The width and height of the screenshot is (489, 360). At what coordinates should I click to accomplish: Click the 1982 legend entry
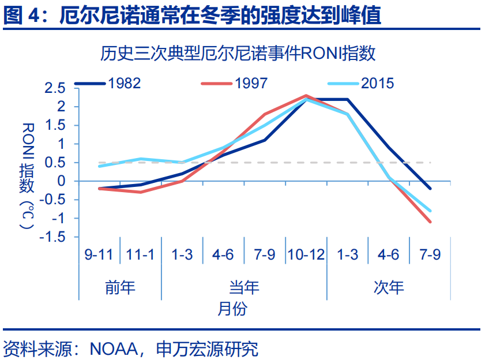click(x=108, y=83)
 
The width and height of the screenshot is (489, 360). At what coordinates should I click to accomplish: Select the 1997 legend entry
click(x=234, y=83)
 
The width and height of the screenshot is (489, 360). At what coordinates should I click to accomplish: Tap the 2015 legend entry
click(x=361, y=83)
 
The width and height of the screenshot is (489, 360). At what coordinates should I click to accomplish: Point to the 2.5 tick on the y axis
click(x=55, y=88)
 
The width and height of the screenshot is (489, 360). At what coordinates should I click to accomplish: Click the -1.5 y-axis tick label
click(x=52, y=237)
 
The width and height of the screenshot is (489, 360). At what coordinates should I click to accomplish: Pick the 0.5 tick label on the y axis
click(x=55, y=163)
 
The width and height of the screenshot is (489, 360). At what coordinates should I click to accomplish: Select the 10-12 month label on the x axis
click(x=306, y=254)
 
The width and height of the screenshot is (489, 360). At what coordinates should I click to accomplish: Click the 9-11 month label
click(x=99, y=254)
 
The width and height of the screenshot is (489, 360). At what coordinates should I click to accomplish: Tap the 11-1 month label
click(x=140, y=254)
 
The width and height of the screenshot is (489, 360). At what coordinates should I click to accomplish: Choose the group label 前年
click(x=120, y=287)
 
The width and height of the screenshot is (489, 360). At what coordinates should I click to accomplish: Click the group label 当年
click(x=244, y=287)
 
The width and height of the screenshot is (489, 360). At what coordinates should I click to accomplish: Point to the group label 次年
click(x=389, y=287)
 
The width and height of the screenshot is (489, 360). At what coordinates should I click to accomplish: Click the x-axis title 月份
click(x=232, y=309)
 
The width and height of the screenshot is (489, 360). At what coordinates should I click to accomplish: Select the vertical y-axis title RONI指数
click(x=28, y=176)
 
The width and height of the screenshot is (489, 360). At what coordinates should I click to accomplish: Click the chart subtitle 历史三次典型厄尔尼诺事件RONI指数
click(x=238, y=53)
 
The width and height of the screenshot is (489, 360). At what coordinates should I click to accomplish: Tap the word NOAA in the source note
click(x=114, y=349)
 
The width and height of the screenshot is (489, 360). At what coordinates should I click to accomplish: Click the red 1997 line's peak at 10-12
click(x=306, y=95)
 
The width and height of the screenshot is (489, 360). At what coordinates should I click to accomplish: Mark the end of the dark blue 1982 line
click(x=430, y=189)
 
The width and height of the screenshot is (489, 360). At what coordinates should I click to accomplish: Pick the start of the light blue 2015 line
click(x=99, y=166)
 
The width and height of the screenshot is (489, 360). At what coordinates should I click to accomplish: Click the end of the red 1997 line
click(x=430, y=222)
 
